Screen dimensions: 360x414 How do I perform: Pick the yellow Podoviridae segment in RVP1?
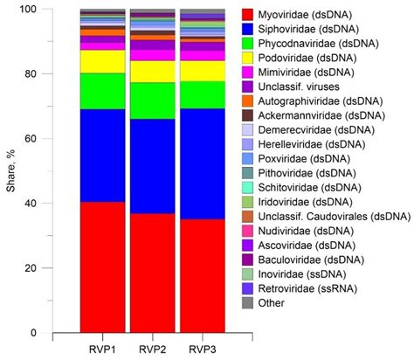click(102, 61)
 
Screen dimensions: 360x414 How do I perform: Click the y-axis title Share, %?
click(10, 170)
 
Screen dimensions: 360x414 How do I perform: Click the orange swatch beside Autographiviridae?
click(247, 100)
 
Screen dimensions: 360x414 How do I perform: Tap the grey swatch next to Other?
click(247, 302)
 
